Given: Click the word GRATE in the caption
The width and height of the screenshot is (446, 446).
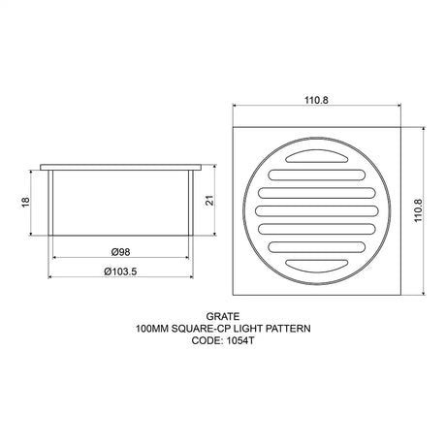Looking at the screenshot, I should click(x=222, y=316).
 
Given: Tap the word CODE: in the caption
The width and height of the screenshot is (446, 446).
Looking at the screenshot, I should click(x=205, y=341).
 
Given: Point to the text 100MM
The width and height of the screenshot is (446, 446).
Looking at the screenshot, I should click(x=155, y=329).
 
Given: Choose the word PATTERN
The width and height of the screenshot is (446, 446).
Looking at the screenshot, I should click(x=292, y=329).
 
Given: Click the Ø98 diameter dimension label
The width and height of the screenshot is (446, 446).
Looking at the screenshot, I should click(x=121, y=249).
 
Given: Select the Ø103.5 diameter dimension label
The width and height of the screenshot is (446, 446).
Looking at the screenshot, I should click(x=121, y=271).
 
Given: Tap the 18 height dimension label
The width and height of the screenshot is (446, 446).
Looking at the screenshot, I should click(x=25, y=202).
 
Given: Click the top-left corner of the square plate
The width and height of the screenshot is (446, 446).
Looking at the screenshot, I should click(x=235, y=127).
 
